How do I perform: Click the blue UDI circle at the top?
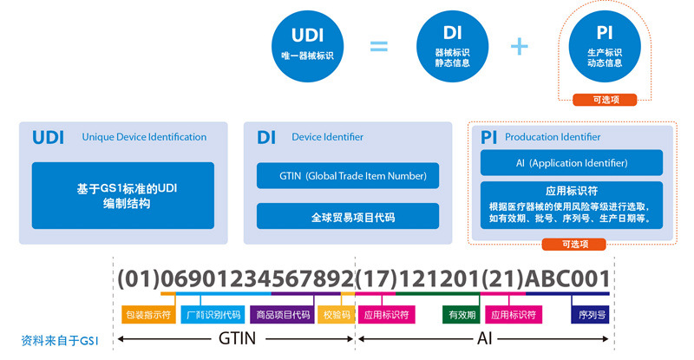click(x=308, y=45)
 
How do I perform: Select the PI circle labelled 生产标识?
click(x=605, y=45)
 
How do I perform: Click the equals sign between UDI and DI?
click(x=379, y=45)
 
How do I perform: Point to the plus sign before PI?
click(x=520, y=45)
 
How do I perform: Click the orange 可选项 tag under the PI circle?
click(x=605, y=100)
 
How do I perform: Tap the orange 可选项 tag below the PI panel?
click(x=572, y=245)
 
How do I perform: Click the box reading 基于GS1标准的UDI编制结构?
click(x=122, y=196)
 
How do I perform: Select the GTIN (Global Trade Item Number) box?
click(x=347, y=176)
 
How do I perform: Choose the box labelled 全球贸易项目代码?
click(x=347, y=216)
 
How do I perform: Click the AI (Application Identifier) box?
click(x=572, y=163)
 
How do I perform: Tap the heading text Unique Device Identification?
click(x=144, y=137)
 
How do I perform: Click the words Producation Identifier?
click(x=553, y=137)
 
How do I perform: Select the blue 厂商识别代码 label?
click(x=212, y=315)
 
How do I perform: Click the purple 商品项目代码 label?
click(x=281, y=315)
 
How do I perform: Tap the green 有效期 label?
click(x=460, y=315)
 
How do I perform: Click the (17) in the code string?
click(x=376, y=279)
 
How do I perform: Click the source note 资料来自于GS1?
click(x=60, y=340)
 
